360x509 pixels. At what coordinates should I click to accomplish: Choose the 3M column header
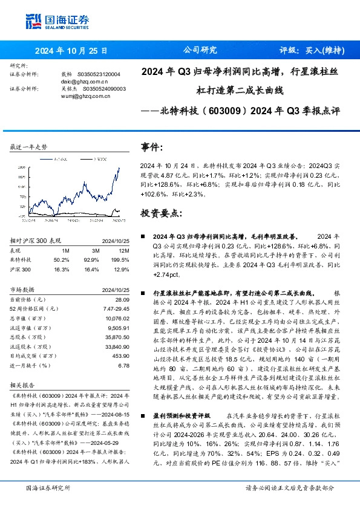[96, 250]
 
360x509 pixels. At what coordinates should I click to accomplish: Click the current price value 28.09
[123, 299]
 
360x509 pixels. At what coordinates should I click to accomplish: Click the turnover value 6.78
[125, 365]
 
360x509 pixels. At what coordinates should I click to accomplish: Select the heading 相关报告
[25, 384]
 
